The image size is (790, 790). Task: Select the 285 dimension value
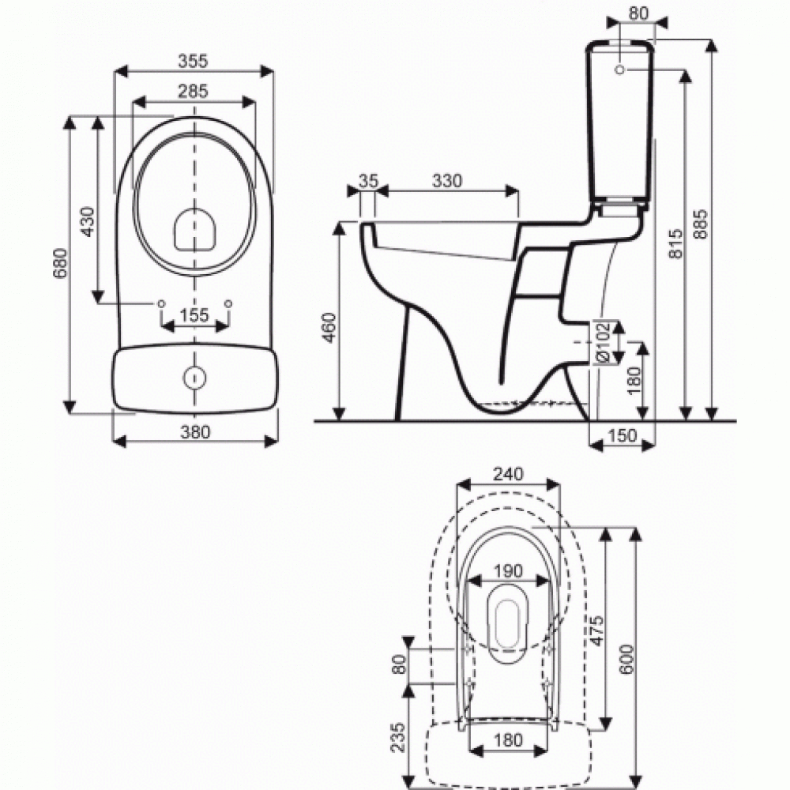point(194,91)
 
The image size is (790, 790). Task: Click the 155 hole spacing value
point(194,315)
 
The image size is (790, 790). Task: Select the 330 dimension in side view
point(447,180)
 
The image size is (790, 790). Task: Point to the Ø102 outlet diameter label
point(602,341)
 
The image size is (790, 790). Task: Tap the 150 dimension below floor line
point(623,437)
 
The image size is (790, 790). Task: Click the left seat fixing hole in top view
point(162,303)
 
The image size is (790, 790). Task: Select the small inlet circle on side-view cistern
point(619,70)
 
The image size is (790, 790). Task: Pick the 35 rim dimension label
point(367,180)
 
